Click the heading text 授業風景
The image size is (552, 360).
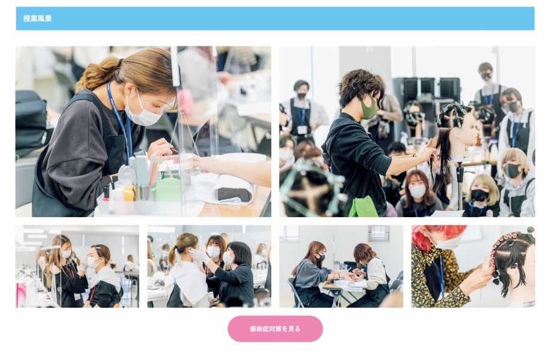click(37, 18)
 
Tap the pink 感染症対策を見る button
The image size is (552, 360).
click(275, 329)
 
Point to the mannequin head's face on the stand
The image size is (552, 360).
click(466, 132)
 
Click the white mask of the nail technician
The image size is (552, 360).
click(143, 112)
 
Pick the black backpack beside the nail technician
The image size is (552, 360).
click(32, 122)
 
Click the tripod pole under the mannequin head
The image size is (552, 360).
click(460, 186)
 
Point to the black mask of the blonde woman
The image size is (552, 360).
click(511, 170)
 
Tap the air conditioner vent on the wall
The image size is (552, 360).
click(379, 233)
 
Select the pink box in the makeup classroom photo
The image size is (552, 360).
click(21, 295)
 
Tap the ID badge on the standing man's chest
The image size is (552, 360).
click(302, 130)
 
